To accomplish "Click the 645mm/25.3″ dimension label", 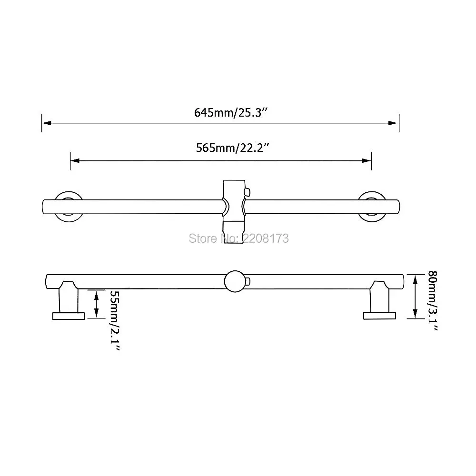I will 233,113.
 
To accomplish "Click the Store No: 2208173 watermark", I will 238,238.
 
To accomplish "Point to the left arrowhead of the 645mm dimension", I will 46,123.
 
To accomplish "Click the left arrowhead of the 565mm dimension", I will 75,160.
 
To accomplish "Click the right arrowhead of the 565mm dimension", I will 367,160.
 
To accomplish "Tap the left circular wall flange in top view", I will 68,206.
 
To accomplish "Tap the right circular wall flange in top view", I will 372,206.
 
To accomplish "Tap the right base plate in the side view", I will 379,315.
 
